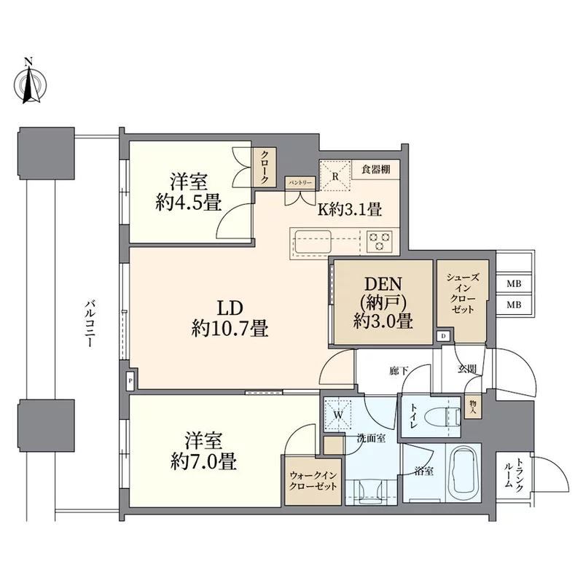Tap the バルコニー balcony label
click(x=90, y=324)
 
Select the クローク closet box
click(x=264, y=168)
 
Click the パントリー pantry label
click(x=300, y=183)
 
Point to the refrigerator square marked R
click(x=335, y=176)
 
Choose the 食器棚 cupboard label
click(x=375, y=170)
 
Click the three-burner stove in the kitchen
click(x=379, y=241)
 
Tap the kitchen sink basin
click(x=313, y=241)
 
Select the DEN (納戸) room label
click(x=383, y=303)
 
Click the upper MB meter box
click(x=514, y=284)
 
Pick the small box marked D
click(x=443, y=337)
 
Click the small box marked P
click(x=130, y=381)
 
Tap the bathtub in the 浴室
click(x=463, y=473)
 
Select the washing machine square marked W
click(x=338, y=414)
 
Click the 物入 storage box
click(x=473, y=407)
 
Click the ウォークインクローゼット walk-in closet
click(x=313, y=481)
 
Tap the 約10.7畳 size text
click(x=230, y=329)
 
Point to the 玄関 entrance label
click(x=467, y=369)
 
